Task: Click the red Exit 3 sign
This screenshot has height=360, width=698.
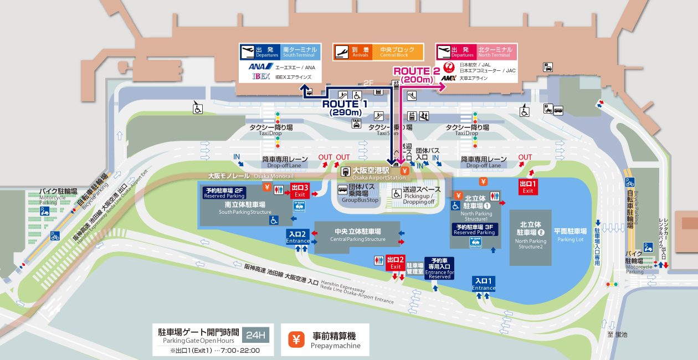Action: pos(299,191)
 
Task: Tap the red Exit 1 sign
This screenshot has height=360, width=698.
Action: pos(528,187)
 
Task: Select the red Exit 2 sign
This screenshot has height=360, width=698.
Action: pos(396,263)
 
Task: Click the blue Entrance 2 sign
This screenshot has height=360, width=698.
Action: pos(298,237)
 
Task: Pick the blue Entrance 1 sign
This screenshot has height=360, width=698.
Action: pos(484,284)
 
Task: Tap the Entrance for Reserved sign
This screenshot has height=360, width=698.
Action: pos(439,268)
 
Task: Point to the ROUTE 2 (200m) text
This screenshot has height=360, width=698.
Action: pos(416,75)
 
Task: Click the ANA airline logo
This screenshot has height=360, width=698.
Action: pos(260,67)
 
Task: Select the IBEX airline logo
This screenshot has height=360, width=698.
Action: pos(261,76)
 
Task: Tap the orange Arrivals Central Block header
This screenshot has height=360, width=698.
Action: pos(378,52)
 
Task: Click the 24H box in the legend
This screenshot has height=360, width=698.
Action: pos(256,335)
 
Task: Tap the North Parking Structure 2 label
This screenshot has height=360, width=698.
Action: pos(530,235)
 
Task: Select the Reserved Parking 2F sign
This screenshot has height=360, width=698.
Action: pos(224,193)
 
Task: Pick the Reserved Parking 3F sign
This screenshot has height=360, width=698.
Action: pos(475,229)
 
